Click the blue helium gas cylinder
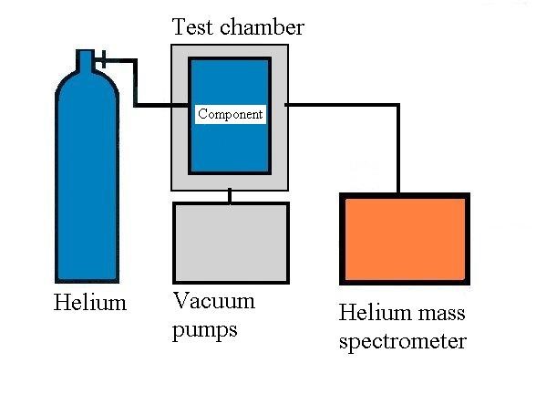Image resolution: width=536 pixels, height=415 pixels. pyautogui.click(x=87, y=182)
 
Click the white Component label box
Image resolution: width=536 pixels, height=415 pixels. pyautogui.click(x=231, y=114)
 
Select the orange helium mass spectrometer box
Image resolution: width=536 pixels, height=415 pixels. pyautogui.click(x=404, y=239)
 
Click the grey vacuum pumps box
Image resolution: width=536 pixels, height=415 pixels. pyautogui.click(x=231, y=241)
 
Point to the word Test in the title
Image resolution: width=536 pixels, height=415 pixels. pyautogui.click(x=192, y=27)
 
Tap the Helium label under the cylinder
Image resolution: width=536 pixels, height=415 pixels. pyautogui.click(x=89, y=303)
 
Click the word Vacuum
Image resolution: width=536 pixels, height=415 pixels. pyautogui.click(x=214, y=301)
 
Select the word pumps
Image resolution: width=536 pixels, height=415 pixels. pyautogui.click(x=205, y=329)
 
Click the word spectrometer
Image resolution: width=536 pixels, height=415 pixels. pyautogui.click(x=402, y=342)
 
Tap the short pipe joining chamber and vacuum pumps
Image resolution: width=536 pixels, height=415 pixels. pyautogui.click(x=230, y=195)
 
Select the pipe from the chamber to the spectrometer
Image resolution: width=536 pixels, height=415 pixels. pyautogui.click(x=346, y=106)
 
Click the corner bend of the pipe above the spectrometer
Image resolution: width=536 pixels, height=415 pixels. pyautogui.click(x=398, y=107)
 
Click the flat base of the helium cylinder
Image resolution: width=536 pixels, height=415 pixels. pyautogui.click(x=87, y=279)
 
